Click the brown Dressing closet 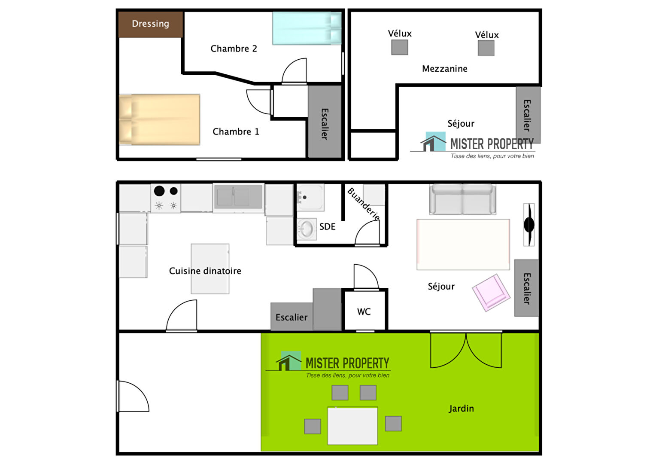(x=151, y=24)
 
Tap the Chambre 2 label (x=234, y=49)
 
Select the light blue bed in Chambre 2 (x=307, y=28)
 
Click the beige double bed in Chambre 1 (x=160, y=119)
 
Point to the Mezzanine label (x=444, y=69)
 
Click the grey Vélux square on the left (x=400, y=47)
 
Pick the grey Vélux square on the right (x=486, y=48)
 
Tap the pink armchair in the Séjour (x=491, y=293)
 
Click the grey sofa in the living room (x=463, y=199)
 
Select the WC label (x=364, y=311)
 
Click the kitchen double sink (x=238, y=196)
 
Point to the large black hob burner (x=159, y=191)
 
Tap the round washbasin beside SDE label (x=307, y=229)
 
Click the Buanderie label (x=364, y=204)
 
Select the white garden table (x=352, y=426)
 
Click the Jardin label (x=461, y=409)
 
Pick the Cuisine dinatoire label (x=205, y=271)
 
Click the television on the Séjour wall (x=529, y=225)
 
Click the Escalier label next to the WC (x=292, y=317)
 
